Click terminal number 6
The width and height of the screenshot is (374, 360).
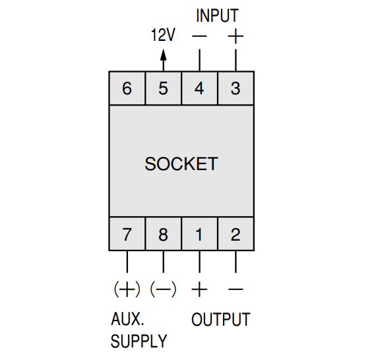(127, 88)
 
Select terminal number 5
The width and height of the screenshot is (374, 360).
(163, 88)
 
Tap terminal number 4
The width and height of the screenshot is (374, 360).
(199, 88)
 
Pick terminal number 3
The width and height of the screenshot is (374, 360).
(235, 88)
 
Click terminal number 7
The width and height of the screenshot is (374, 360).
(127, 234)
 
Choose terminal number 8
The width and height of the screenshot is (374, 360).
(163, 234)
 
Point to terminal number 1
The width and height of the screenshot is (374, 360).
(199, 234)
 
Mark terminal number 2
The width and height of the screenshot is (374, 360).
(235, 234)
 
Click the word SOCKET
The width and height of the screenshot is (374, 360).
(181, 164)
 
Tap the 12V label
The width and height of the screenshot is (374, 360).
(163, 35)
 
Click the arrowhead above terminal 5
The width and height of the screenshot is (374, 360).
(164, 55)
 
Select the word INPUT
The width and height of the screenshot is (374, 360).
(217, 16)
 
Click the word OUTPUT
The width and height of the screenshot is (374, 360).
(220, 320)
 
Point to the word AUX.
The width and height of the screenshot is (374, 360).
(127, 319)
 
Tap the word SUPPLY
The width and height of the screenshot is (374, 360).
(139, 341)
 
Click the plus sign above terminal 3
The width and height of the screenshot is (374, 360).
(235, 36)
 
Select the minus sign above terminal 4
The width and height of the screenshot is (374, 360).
(199, 36)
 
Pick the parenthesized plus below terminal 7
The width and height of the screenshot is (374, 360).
(127, 289)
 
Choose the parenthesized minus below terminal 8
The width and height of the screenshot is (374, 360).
(163, 289)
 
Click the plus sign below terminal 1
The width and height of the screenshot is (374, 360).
(199, 289)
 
